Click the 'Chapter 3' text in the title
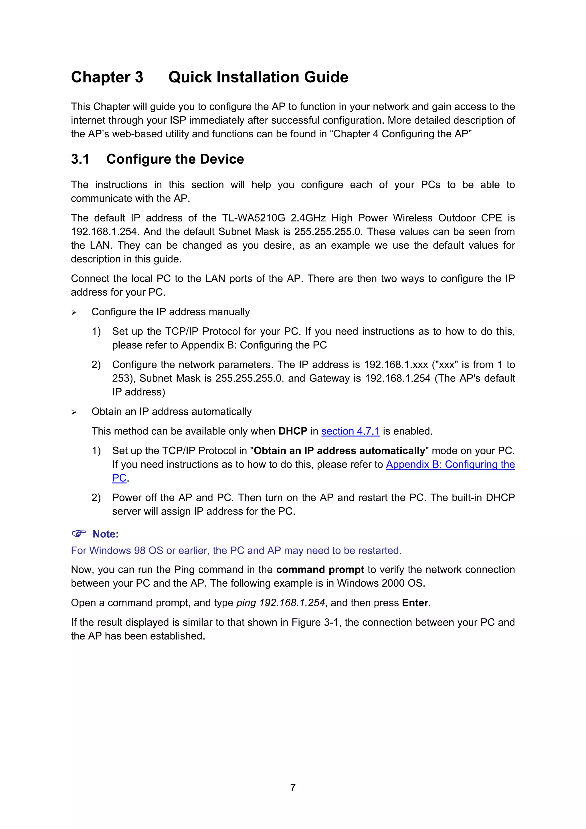coord(107,77)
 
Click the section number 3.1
coord(80,159)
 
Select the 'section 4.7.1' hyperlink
coord(350,431)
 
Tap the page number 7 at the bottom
coord(293,788)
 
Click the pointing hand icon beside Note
coord(79,533)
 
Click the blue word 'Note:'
coord(105,534)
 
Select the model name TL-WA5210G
coord(254,218)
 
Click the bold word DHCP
coord(292,431)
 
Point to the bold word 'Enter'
coord(415,603)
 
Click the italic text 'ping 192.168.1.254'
coord(280,603)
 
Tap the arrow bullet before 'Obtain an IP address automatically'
coord(74,412)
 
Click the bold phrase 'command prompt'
coord(320,570)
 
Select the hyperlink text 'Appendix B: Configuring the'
coord(450,464)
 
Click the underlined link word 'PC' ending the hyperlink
coord(119,478)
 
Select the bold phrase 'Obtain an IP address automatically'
coord(339,451)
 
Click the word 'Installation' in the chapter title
coord(258,77)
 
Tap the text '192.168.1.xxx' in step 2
coord(396,365)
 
